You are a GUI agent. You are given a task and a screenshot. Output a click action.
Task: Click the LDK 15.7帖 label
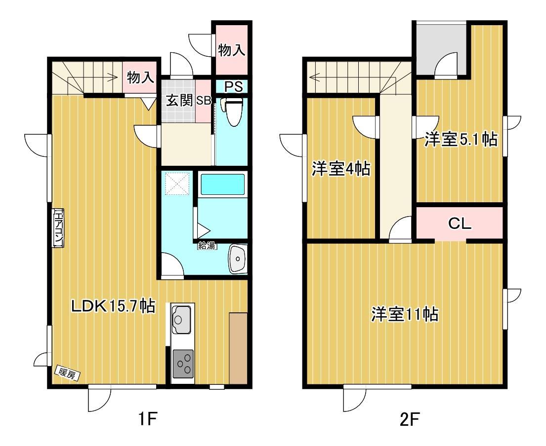point(113,306)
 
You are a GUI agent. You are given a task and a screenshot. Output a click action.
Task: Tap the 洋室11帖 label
point(405,314)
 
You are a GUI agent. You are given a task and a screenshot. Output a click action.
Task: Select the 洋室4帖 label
point(341,169)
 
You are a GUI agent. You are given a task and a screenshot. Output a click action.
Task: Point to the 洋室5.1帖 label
point(461,140)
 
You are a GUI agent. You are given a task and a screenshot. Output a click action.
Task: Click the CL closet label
point(460,223)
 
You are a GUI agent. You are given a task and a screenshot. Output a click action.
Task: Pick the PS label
point(233,87)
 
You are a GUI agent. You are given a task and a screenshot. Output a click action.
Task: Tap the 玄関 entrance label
point(179,101)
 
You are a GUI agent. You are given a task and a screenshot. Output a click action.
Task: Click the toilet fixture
point(233,111)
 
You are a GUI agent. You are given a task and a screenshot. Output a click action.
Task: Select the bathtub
point(223,184)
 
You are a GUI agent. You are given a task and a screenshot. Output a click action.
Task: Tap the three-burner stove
point(183,364)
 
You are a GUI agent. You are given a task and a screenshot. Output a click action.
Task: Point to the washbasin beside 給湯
point(238,259)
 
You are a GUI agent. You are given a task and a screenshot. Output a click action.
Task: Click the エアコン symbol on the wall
point(58,228)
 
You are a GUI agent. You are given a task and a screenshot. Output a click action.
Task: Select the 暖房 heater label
point(68,373)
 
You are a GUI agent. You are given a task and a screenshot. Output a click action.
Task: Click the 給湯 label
point(207,245)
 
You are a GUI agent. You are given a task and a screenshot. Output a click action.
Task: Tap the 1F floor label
point(148,419)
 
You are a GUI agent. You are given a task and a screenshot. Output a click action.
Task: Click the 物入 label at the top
point(232,50)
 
